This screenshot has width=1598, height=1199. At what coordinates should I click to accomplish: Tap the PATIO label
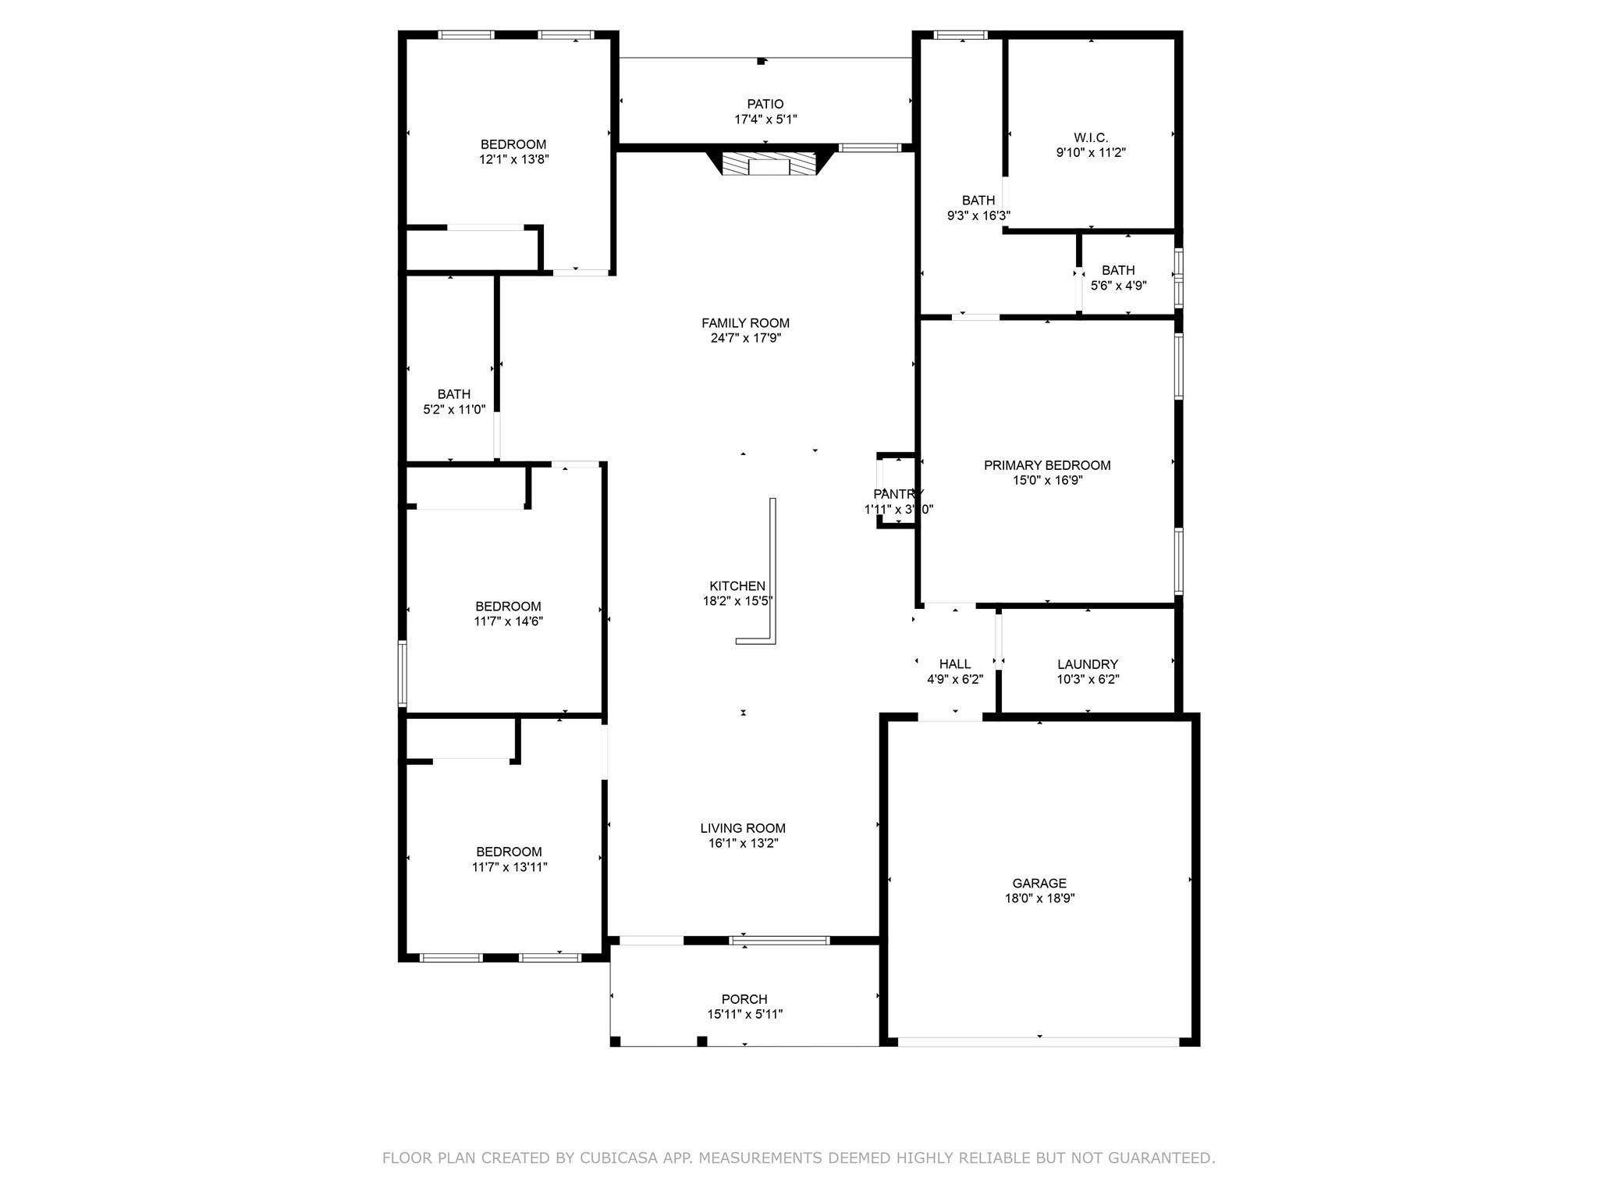765,104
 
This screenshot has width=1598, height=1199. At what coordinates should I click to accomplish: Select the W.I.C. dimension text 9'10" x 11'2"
1091,153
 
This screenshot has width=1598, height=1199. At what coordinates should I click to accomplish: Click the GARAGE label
1039,883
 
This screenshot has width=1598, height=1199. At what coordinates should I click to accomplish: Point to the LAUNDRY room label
1088,664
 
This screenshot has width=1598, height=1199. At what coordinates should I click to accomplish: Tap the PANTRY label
898,494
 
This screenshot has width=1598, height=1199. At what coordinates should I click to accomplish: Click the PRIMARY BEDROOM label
1047,465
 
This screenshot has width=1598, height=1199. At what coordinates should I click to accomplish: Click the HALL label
955,664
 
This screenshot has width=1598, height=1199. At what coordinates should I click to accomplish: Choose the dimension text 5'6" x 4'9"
1118,286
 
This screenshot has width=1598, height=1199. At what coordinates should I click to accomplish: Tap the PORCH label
744,999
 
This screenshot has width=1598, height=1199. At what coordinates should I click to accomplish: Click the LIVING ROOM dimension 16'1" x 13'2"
743,844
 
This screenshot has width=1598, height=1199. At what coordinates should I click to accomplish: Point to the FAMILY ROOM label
745,323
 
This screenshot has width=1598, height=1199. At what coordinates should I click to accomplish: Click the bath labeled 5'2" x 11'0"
453,394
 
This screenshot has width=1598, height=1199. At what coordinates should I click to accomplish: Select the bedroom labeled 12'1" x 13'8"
513,144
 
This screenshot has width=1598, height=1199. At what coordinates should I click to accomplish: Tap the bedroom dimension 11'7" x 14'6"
508,622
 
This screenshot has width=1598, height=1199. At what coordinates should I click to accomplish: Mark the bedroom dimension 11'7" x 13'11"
510,867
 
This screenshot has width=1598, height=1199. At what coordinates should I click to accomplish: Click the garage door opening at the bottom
1039,1041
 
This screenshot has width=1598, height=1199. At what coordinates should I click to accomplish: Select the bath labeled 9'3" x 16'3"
978,201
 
